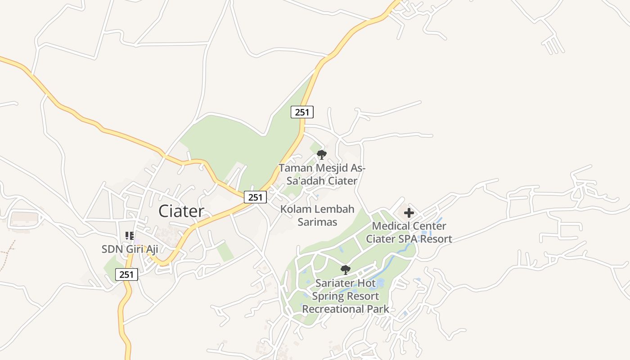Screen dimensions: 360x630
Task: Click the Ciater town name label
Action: (x=181, y=211)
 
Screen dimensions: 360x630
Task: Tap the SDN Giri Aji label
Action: (x=130, y=249)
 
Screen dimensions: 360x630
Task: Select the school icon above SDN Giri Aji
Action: (x=130, y=235)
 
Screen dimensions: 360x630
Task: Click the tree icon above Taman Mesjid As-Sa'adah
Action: (x=321, y=155)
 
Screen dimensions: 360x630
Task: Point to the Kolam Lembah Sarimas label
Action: (x=317, y=215)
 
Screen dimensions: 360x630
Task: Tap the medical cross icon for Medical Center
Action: (x=409, y=213)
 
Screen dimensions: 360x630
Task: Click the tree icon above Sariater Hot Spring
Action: (x=345, y=270)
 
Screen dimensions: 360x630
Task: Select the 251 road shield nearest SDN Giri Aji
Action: (x=126, y=274)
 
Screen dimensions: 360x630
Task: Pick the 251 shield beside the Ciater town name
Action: (x=255, y=197)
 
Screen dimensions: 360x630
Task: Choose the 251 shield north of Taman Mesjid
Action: (x=302, y=112)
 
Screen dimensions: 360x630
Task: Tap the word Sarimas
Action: (x=317, y=222)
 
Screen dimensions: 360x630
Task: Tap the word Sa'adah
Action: (x=306, y=181)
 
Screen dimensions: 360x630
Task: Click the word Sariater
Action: (x=333, y=283)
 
